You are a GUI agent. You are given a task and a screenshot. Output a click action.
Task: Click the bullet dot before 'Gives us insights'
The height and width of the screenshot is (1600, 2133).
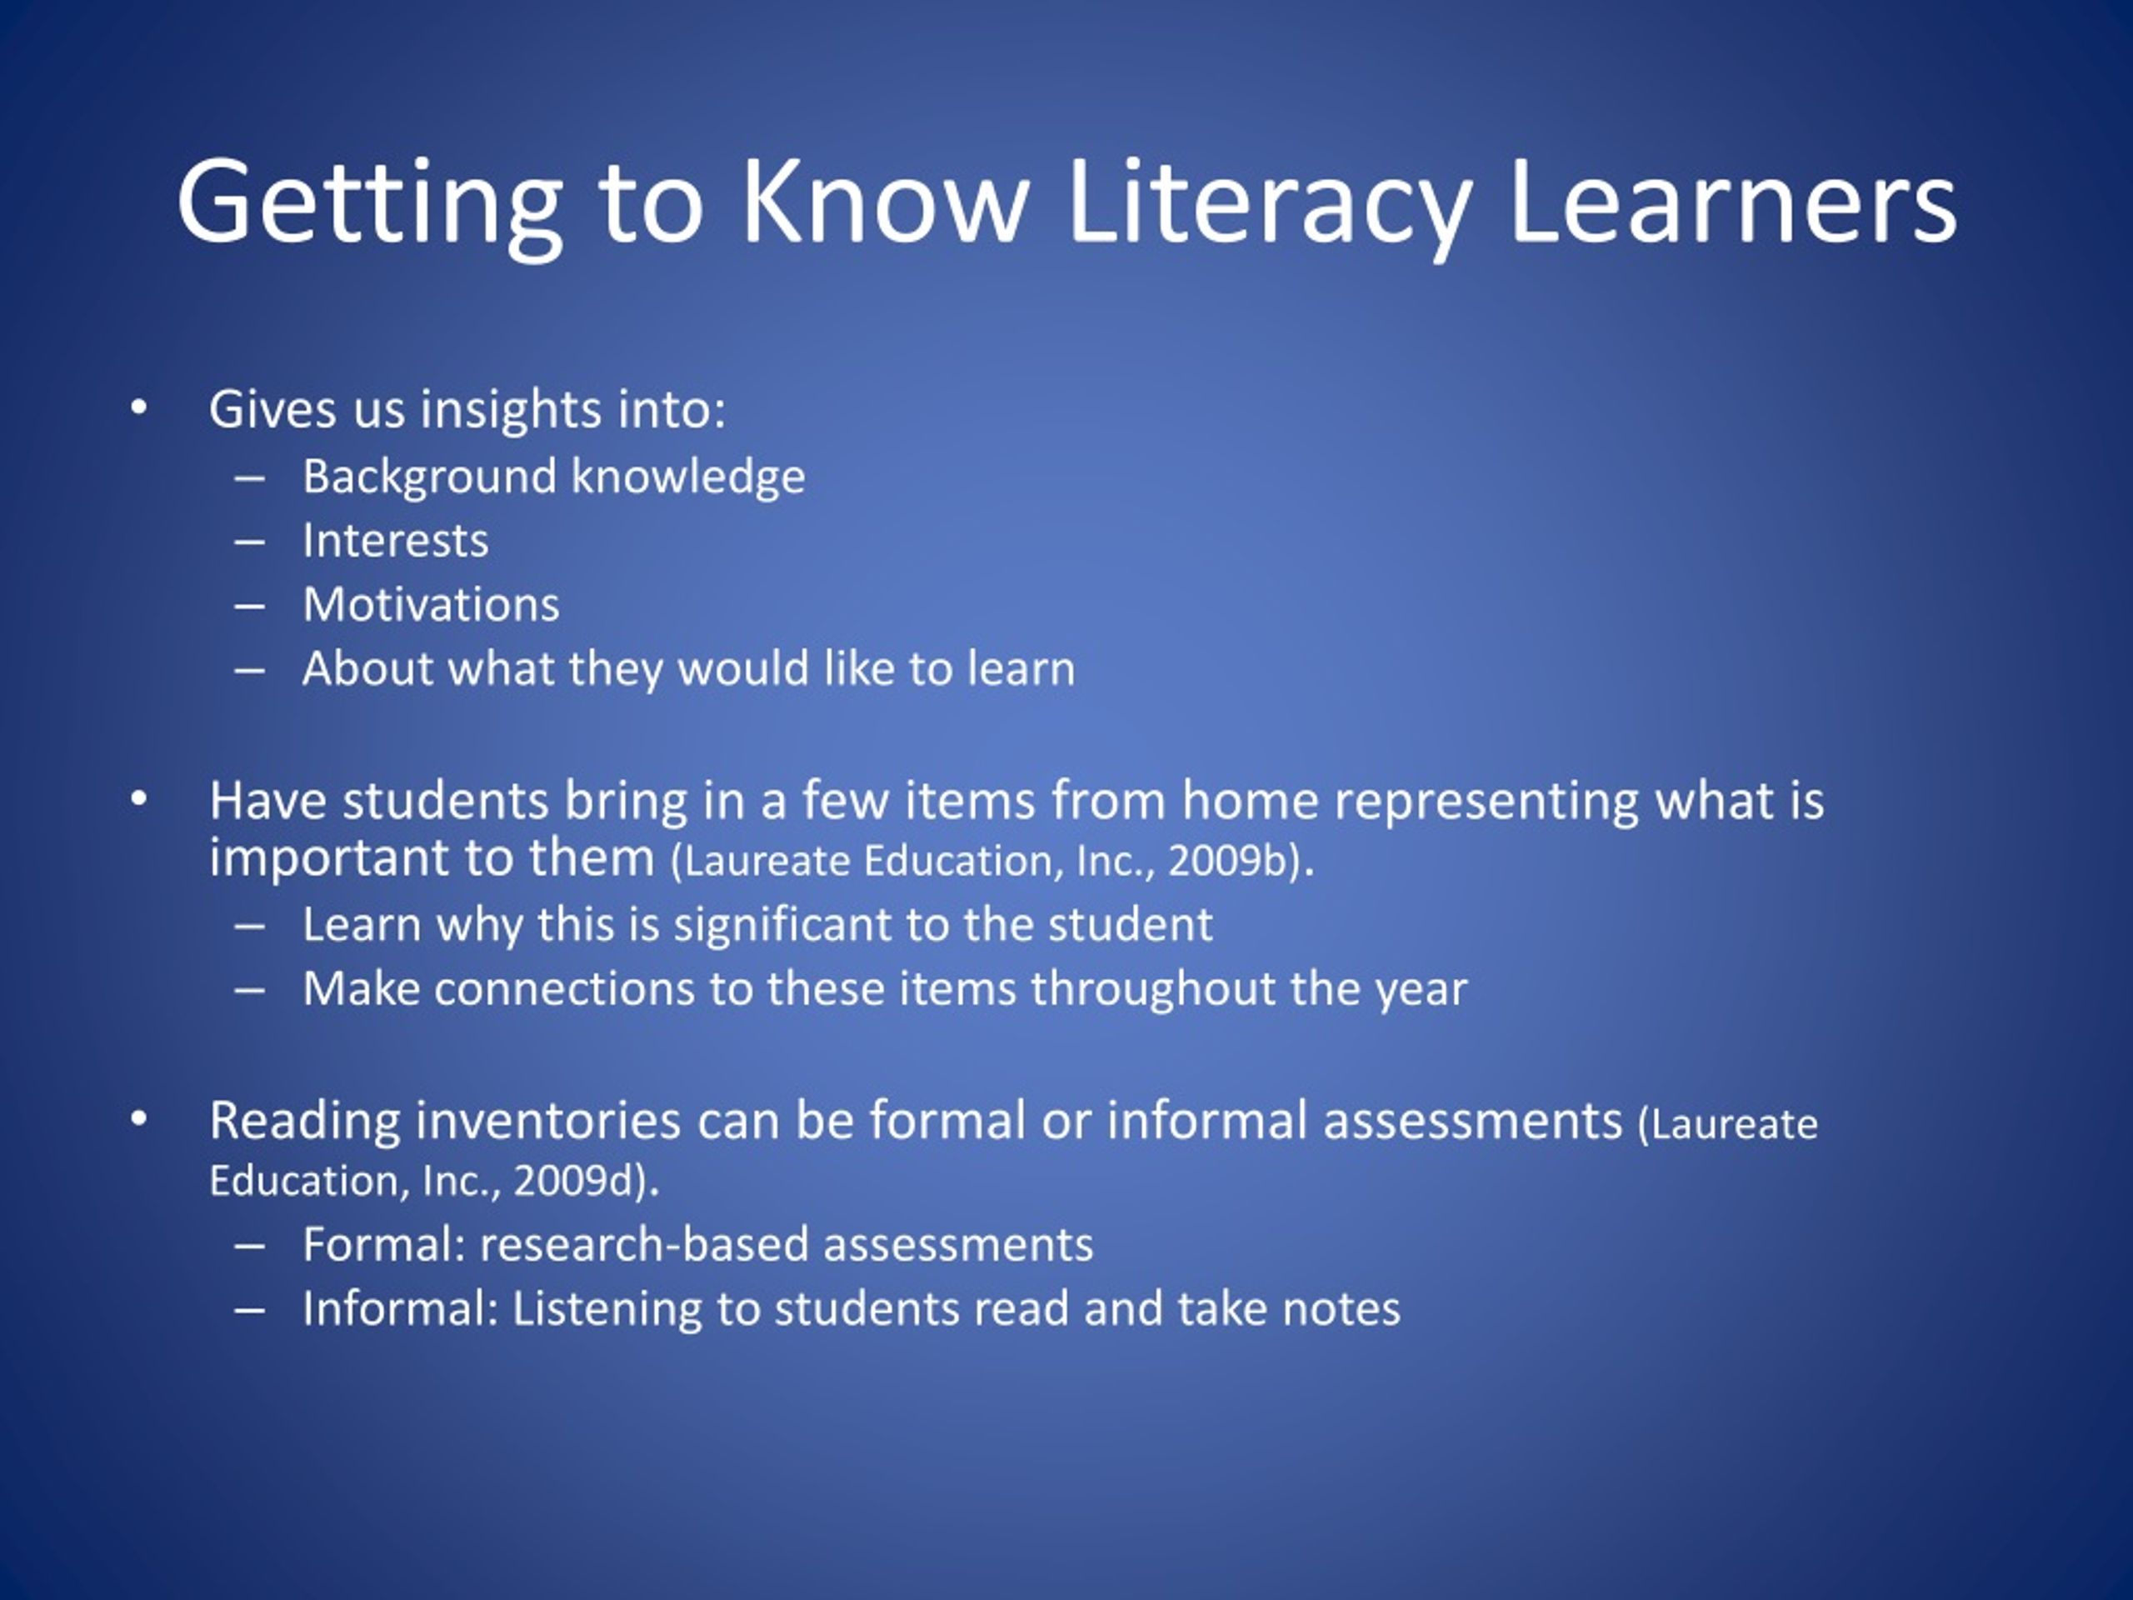(x=139, y=408)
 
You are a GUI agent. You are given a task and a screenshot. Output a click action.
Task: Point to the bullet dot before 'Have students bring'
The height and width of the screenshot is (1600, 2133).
(x=139, y=799)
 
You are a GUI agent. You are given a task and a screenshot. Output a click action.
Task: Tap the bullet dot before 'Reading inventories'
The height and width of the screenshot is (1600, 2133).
(x=139, y=1118)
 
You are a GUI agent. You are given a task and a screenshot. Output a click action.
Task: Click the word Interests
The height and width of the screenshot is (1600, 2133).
(x=396, y=540)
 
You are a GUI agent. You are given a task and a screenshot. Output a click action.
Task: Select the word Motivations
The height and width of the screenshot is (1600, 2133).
(x=431, y=605)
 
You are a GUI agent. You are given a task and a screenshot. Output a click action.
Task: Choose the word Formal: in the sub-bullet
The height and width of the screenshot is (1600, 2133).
(x=385, y=1244)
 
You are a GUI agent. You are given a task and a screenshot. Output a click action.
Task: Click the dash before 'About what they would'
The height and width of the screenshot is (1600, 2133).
(x=249, y=669)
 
